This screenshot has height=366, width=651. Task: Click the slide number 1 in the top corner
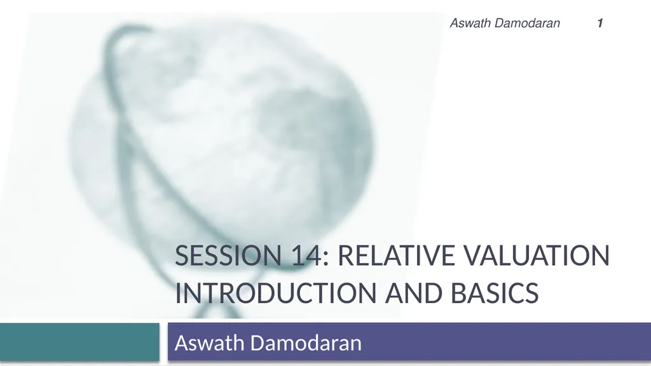tap(600, 24)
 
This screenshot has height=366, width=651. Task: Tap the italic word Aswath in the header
tap(469, 24)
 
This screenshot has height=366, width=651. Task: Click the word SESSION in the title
tap(223, 257)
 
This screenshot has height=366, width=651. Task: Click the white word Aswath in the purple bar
tap(208, 343)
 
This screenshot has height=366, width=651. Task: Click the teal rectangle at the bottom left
tap(79, 342)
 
